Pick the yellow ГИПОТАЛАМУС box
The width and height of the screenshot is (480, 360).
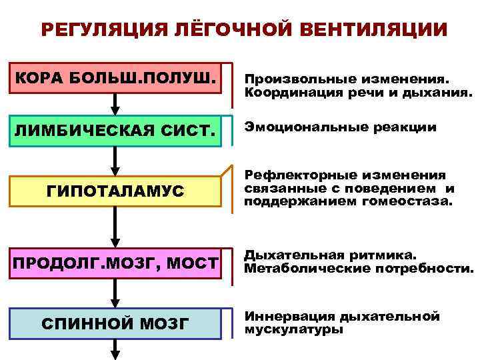click(115, 191)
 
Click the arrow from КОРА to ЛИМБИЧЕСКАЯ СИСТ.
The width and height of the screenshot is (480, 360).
click(115, 103)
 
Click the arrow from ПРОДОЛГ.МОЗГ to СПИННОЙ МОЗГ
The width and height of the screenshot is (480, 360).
click(115, 293)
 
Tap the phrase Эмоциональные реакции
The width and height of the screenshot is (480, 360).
click(341, 126)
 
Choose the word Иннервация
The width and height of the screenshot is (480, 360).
click(288, 316)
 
